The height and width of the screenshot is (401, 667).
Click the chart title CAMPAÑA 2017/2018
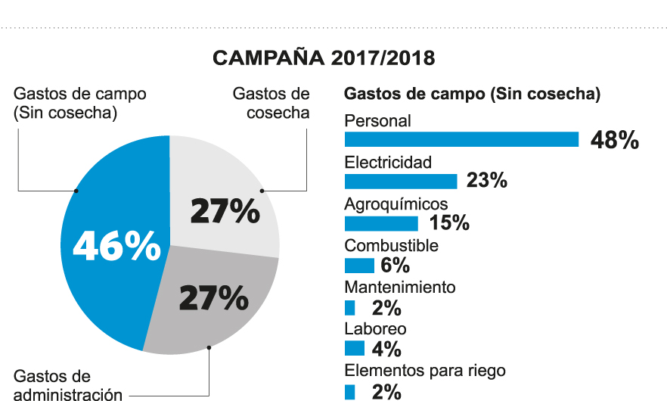324,58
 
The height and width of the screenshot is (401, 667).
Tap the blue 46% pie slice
113,242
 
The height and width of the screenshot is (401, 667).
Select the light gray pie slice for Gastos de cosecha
223,197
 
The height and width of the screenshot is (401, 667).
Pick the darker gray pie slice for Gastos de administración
212,303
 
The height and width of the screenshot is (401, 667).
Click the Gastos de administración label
68,385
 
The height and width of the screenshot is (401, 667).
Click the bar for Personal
461,139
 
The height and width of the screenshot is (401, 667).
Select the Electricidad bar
401,181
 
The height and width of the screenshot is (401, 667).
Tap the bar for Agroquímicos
381,223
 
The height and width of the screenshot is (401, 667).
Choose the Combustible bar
359,266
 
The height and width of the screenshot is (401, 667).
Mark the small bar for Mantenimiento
349,308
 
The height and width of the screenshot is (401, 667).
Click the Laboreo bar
355,349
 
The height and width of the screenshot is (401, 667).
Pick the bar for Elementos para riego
349,391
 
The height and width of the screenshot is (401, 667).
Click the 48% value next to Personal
615,140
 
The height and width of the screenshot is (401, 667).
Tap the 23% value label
486,182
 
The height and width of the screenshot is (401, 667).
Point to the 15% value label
448,224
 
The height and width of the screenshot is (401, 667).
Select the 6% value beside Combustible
396,266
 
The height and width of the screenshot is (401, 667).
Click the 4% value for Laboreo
386,350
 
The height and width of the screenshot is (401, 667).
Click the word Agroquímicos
396,204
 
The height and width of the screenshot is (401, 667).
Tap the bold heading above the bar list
473,95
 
